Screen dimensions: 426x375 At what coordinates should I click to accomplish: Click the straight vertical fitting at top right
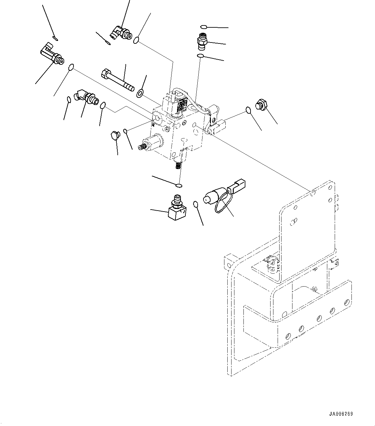tap(202, 42)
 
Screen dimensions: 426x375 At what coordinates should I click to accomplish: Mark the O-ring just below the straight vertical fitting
tap(201, 57)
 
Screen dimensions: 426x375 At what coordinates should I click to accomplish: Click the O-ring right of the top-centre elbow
tap(137, 40)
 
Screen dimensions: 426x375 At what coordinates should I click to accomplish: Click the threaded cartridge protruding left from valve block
tap(150, 143)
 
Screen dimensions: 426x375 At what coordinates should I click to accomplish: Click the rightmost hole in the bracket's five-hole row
tap(347, 302)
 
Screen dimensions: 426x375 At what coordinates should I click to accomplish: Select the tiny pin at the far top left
tap(55, 39)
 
